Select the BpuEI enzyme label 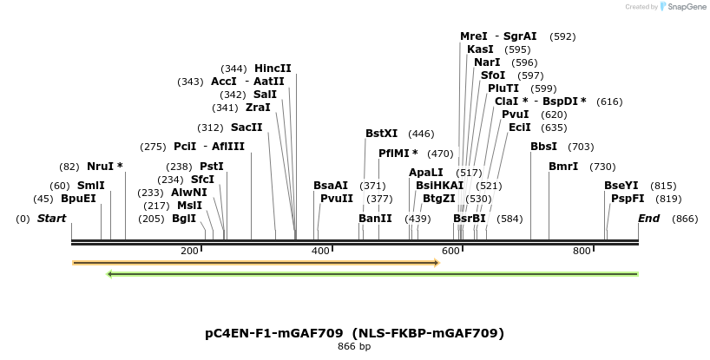[78, 199]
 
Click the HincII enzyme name [273, 69]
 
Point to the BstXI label [381, 134]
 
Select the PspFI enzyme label [628, 199]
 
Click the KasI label [480, 49]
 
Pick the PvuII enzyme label [337, 199]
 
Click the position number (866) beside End [685, 219]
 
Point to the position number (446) [421, 134]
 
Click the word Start [51, 219]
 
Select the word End [649, 219]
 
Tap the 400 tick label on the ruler [320, 251]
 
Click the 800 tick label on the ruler [582, 251]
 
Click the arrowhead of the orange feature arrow [436, 262]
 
